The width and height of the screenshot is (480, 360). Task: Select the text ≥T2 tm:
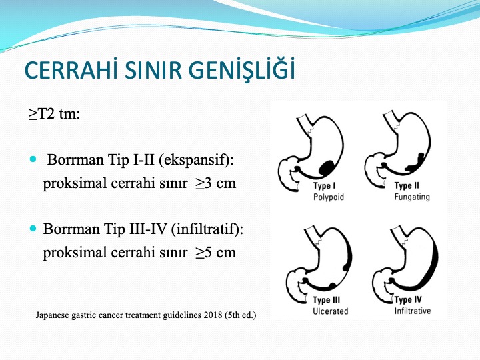coord(54,114)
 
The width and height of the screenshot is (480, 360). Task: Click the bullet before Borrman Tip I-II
coord(33,159)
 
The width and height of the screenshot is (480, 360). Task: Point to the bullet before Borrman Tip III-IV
coord(33,229)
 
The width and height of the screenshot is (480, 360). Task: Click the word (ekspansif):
coord(196,160)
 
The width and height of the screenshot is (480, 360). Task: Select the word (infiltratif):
coord(207,229)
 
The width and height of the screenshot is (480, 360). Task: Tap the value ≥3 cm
coord(216,183)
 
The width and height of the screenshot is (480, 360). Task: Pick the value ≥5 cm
coord(216,252)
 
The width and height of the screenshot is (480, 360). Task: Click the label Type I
coord(324,186)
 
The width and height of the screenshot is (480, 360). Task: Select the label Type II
coord(407,185)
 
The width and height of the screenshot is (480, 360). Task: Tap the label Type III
coord(326,300)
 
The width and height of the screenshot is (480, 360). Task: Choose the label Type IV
coord(408,299)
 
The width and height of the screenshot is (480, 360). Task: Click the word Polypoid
coord(329,197)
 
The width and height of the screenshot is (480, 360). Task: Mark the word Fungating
coord(412,197)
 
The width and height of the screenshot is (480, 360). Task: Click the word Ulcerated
coord(330,311)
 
